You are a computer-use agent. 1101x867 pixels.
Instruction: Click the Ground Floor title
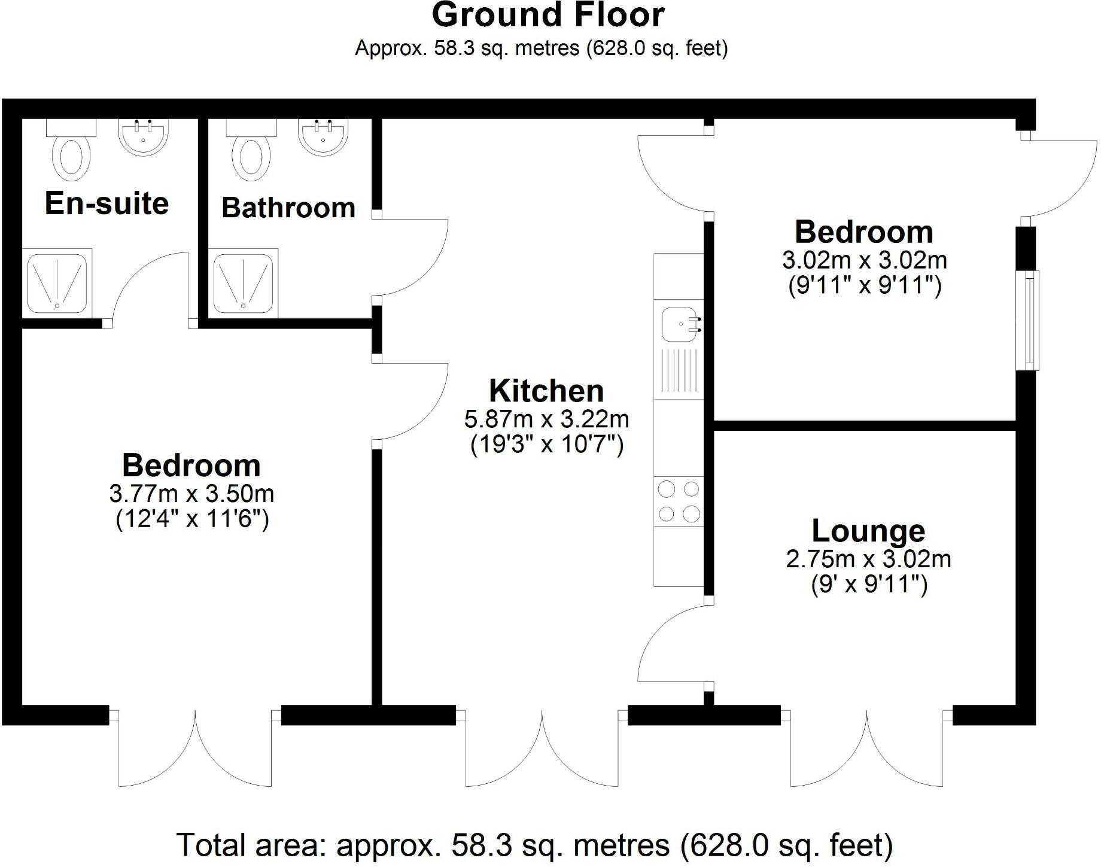(548, 16)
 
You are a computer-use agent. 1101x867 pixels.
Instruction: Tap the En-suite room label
(107, 203)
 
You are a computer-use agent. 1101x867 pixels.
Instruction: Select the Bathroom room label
(288, 208)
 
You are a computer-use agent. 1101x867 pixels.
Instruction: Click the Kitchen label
(546, 391)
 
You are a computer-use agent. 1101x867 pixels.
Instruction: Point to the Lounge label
(868, 531)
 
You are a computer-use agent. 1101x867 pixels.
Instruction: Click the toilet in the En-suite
(71, 154)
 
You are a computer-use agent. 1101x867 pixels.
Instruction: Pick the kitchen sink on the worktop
(680, 325)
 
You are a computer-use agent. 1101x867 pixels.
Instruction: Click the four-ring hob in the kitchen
(679, 501)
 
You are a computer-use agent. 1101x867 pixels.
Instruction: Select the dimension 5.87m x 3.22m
(546, 419)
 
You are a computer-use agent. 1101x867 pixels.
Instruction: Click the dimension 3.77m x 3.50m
(191, 494)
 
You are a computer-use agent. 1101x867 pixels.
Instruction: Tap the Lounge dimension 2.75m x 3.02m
(868, 559)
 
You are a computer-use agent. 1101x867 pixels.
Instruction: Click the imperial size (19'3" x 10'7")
(547, 445)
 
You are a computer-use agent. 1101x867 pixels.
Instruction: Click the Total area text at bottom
(534, 845)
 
